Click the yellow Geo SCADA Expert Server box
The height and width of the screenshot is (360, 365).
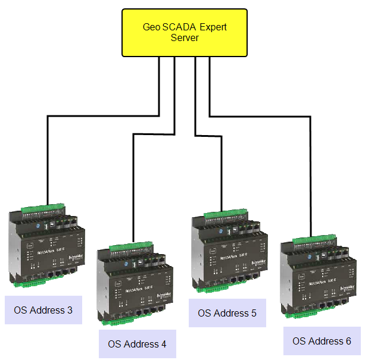tap(185, 33)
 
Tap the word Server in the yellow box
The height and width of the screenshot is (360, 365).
tap(185, 37)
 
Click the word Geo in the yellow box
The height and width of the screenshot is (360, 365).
tap(151, 27)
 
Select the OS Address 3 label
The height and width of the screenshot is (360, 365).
tap(43, 310)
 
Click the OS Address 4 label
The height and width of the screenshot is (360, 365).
tap(138, 344)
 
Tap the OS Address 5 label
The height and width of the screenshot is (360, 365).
tap(227, 313)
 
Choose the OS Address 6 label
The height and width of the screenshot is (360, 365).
tap(322, 341)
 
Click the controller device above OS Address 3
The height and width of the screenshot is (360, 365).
tap(45, 246)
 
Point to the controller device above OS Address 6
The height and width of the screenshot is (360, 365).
tap(318, 277)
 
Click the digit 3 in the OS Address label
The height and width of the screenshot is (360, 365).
tap(70, 310)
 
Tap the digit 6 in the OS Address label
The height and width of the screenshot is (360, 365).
tap(348, 341)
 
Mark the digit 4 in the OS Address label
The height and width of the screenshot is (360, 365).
tap(164, 344)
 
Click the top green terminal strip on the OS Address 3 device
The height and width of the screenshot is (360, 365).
tap(42, 209)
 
